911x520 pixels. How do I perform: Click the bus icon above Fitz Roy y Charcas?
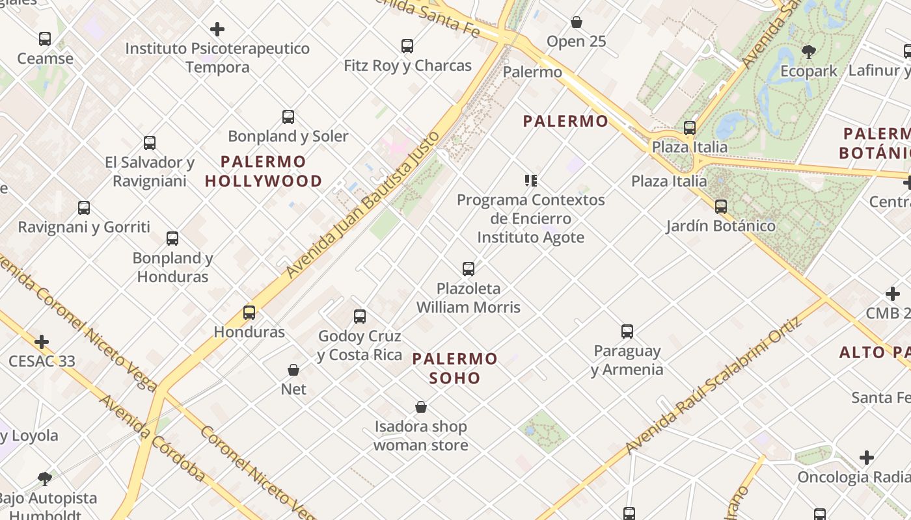[407, 46]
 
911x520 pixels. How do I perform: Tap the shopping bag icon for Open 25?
[576, 22]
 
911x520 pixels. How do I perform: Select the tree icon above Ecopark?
[809, 52]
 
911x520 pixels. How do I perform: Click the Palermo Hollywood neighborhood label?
[264, 172]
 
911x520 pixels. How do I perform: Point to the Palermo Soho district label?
[455, 368]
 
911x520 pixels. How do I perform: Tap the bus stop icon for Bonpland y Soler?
[288, 117]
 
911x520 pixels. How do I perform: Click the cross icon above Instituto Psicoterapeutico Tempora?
[217, 29]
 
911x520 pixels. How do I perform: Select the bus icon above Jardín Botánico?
[721, 207]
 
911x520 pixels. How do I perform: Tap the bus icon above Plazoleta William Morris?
[468, 269]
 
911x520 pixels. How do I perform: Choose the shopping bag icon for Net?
[293, 370]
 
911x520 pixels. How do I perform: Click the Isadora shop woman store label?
[421, 436]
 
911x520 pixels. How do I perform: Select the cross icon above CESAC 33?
[42, 342]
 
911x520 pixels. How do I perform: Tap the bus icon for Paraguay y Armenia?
[627, 331]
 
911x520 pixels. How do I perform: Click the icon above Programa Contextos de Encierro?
[531, 181]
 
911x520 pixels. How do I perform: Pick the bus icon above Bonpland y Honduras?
[172, 239]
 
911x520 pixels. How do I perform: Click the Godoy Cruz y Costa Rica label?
[359, 346]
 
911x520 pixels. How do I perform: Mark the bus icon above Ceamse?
[45, 39]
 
